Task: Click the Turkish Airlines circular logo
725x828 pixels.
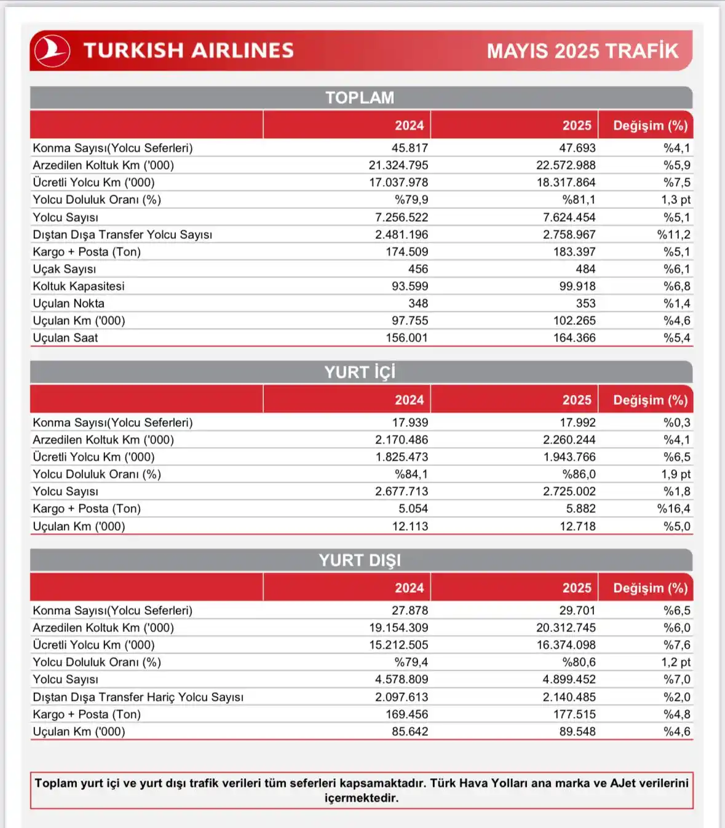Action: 52,50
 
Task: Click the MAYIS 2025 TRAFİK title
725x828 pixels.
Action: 582,51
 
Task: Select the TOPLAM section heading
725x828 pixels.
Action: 360,98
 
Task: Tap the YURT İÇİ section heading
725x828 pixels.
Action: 360,372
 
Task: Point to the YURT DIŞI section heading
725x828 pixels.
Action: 360,560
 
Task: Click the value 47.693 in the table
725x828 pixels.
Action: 577,148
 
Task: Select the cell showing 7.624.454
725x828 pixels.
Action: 569,217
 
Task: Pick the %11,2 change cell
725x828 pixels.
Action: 673,235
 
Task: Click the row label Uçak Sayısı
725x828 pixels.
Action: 65,269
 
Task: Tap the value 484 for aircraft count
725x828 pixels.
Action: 585,269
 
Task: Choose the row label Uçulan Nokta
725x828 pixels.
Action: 69,303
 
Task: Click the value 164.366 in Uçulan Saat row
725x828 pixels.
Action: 574,338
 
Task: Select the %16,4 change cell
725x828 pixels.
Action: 673,509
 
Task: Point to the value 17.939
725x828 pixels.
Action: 410,423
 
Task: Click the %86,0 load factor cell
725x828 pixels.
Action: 579,474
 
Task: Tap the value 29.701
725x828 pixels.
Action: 577,611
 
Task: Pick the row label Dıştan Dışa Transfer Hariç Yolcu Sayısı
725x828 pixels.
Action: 138,697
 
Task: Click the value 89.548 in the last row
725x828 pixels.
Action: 577,732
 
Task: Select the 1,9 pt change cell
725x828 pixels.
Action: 676,474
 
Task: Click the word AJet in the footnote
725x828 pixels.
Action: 623,783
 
